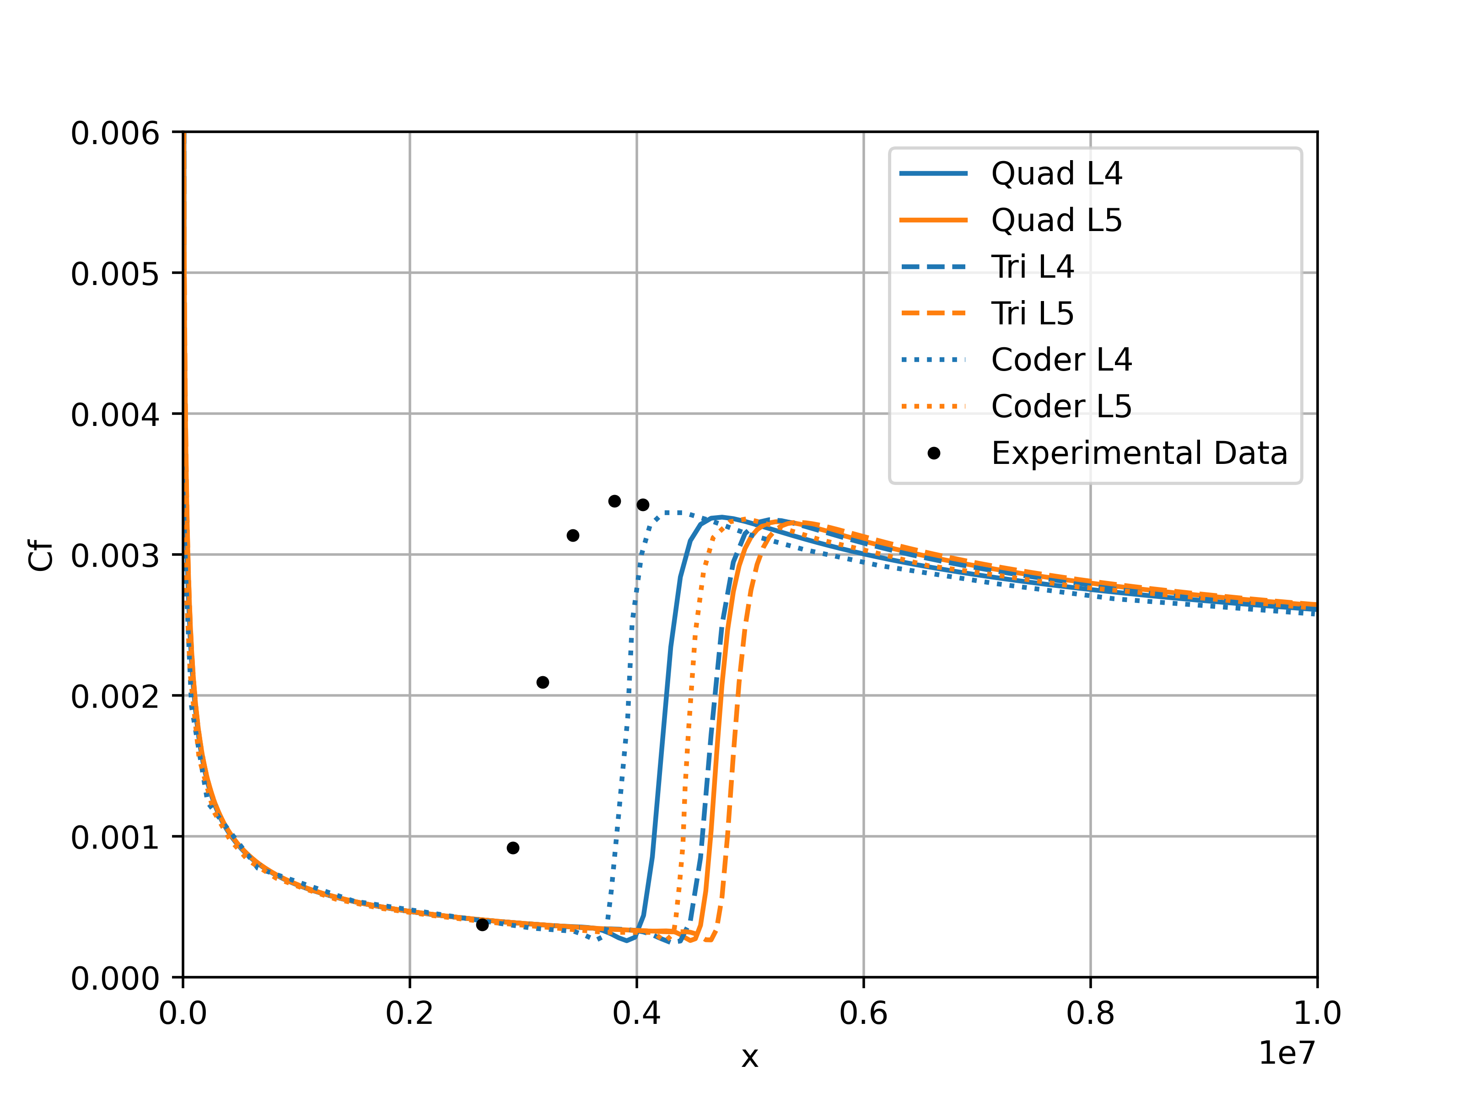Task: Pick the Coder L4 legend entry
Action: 1061,360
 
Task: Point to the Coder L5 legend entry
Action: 1061,406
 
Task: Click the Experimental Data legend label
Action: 1138,453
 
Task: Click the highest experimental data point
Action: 614,501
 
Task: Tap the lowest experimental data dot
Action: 483,925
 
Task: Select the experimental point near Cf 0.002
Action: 543,683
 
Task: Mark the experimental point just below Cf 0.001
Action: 513,848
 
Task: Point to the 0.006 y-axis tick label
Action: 115,134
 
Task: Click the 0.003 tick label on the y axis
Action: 115,556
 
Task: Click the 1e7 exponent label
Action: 1286,1054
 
